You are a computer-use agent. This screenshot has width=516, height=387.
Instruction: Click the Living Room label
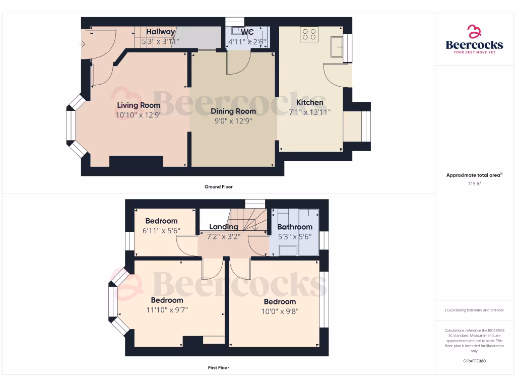pyautogui.click(x=139, y=105)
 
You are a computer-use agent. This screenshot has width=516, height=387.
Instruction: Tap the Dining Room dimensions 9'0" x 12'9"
pyautogui.click(x=233, y=121)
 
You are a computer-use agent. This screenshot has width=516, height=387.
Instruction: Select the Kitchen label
pyautogui.click(x=309, y=102)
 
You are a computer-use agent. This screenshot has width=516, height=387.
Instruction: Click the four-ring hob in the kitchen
pyautogui.click(x=309, y=34)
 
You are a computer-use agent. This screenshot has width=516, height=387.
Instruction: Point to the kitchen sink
pyautogui.click(x=337, y=47)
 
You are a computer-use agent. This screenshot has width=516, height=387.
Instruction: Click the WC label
pyautogui.click(x=247, y=32)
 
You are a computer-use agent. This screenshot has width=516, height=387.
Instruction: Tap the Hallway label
pyautogui.click(x=161, y=32)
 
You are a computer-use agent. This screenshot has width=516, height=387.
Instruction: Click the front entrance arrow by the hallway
pyautogui.click(x=83, y=44)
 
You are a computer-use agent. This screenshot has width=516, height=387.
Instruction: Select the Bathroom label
pyautogui.click(x=295, y=227)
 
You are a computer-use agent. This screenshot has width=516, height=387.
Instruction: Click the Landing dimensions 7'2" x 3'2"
pyautogui.click(x=224, y=236)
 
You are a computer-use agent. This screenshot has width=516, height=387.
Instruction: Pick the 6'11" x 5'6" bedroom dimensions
pyautogui.click(x=161, y=231)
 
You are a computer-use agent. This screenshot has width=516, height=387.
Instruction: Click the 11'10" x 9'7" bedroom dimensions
pyautogui.click(x=167, y=310)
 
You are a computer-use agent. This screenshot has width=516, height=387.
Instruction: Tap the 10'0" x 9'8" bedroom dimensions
pyautogui.click(x=279, y=311)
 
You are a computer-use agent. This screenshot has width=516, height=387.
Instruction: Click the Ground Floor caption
pyautogui.click(x=218, y=187)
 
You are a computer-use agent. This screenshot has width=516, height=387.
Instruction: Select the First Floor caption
pyautogui.click(x=218, y=368)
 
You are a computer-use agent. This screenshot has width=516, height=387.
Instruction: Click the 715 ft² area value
pyautogui.click(x=474, y=184)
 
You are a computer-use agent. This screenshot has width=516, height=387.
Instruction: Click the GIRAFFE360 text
pyautogui.click(x=474, y=361)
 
